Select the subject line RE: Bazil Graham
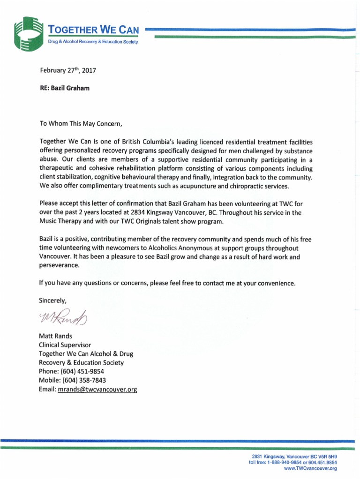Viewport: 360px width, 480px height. pos(64,88)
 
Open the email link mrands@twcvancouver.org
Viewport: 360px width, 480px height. pos(97,390)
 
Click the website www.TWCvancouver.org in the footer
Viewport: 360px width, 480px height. pos(310,468)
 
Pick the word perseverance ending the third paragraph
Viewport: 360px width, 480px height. pos(60,265)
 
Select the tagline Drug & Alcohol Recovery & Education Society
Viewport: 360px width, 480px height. pos(94,42)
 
